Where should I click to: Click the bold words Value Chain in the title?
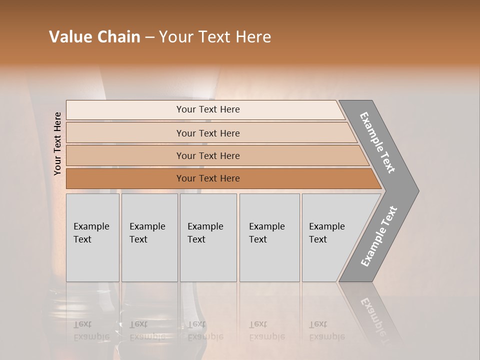tap(94, 37)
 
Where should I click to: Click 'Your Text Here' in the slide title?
tap(215, 37)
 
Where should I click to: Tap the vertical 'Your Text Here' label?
tap(57, 143)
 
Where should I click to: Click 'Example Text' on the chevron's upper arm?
tap(377, 142)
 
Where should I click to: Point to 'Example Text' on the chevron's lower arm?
tap(378, 236)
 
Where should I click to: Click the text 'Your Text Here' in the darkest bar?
tap(208, 178)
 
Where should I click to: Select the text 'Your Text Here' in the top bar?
tap(208, 109)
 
